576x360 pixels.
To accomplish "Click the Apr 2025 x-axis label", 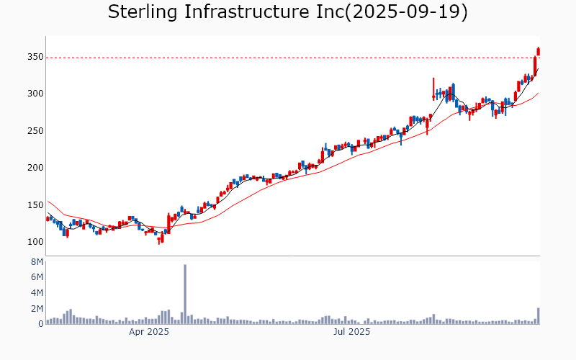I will click(x=149, y=332).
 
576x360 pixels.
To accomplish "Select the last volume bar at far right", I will click(x=538, y=316).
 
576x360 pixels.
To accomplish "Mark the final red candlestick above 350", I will click(x=538, y=51).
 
